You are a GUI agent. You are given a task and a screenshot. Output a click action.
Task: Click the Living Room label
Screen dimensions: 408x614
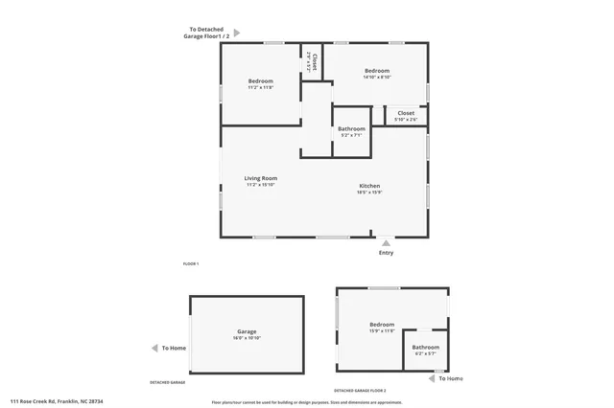[x=260, y=178]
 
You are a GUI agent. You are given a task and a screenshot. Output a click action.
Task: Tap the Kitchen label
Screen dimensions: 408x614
[x=369, y=186]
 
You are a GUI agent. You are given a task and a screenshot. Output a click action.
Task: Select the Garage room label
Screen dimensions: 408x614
[x=247, y=331]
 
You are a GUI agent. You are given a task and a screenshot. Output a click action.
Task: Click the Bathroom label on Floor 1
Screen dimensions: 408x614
[x=351, y=128]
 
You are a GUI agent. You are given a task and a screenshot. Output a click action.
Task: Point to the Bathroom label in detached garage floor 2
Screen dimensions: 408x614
[x=425, y=347]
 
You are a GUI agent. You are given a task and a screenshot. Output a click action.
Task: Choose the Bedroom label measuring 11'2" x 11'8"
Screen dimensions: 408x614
[x=261, y=80]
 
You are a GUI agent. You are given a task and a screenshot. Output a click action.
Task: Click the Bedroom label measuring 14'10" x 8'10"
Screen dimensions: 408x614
[x=376, y=71]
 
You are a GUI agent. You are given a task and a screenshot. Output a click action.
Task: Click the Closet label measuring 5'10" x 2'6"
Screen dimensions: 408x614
[x=406, y=112]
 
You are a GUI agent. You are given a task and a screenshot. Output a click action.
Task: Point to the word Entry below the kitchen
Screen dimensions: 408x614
[x=386, y=253]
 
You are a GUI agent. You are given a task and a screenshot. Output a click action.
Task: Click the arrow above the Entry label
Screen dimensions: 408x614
[x=386, y=243]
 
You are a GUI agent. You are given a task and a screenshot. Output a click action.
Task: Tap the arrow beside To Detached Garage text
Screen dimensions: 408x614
[x=237, y=33]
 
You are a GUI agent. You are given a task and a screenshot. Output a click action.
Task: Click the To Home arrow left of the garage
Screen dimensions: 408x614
[x=154, y=349]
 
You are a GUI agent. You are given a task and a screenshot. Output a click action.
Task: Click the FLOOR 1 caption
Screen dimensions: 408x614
[x=190, y=263]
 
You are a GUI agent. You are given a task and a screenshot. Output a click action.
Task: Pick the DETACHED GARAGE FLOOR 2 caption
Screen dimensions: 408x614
[x=360, y=391]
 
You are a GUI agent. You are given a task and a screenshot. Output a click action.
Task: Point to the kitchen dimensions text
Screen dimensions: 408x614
[x=369, y=193]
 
